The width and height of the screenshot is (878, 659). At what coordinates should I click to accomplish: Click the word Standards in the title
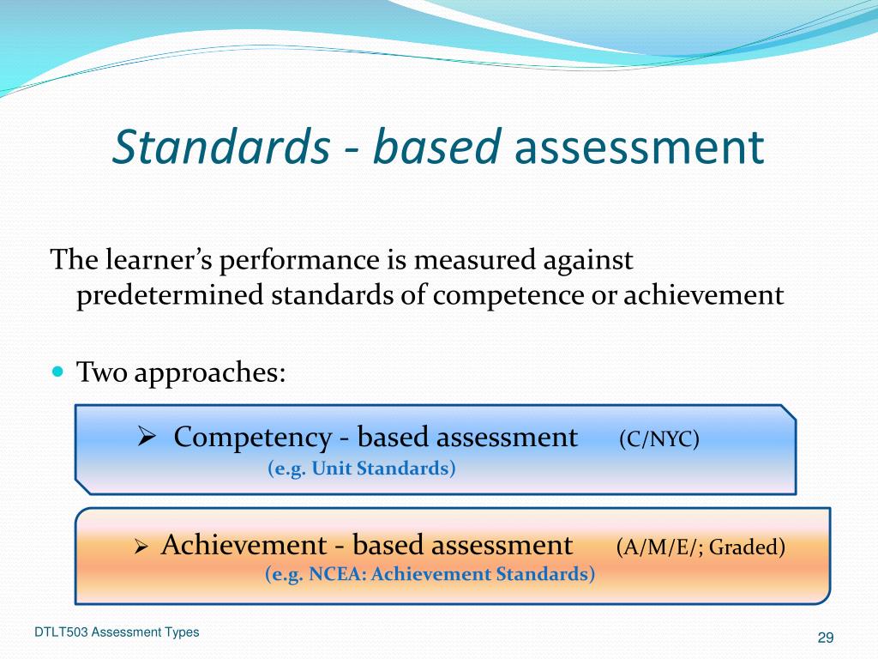[x=220, y=147]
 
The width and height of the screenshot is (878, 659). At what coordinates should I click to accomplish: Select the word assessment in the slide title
[x=638, y=147]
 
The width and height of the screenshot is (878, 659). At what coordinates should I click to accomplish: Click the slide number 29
[x=826, y=637]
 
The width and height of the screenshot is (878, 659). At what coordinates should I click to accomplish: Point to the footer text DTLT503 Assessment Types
[x=117, y=632]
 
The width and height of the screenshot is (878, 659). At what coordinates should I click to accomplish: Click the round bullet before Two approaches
[x=57, y=372]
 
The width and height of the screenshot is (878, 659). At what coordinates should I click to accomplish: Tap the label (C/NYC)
[x=659, y=439]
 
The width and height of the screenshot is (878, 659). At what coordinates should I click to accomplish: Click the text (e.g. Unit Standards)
[x=362, y=469]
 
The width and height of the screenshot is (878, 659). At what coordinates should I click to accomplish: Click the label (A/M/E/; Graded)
[x=701, y=547]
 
